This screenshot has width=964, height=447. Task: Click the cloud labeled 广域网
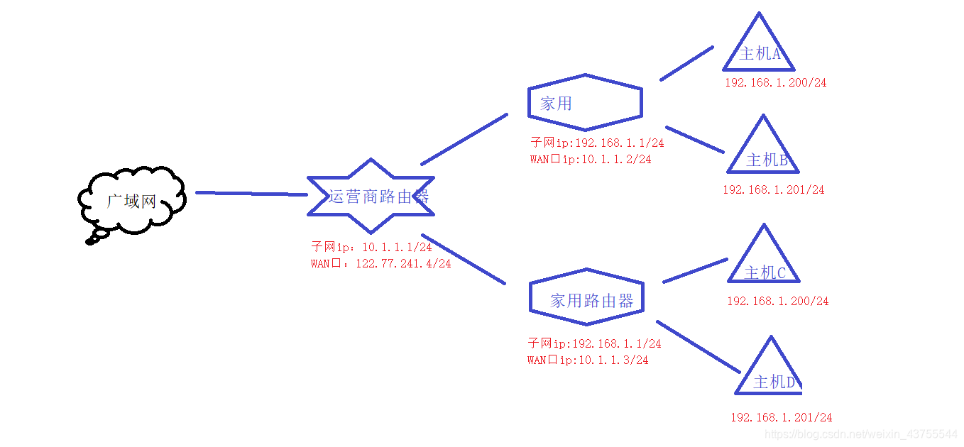tap(132, 200)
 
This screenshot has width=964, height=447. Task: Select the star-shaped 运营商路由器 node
tap(371, 197)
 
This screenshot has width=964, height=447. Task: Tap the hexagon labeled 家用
tap(585, 103)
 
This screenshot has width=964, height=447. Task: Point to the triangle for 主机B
tap(764, 155)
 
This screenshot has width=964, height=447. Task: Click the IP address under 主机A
tap(775, 82)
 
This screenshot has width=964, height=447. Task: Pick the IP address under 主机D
tap(781, 418)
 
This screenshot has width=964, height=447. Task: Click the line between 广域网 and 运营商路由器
tap(251, 193)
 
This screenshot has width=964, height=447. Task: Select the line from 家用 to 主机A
tap(686, 63)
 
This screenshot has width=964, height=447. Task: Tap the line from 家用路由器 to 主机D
tap(699, 346)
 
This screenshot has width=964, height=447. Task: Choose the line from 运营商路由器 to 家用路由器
tap(463, 259)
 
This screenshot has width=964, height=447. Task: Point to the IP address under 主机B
tap(774, 190)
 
